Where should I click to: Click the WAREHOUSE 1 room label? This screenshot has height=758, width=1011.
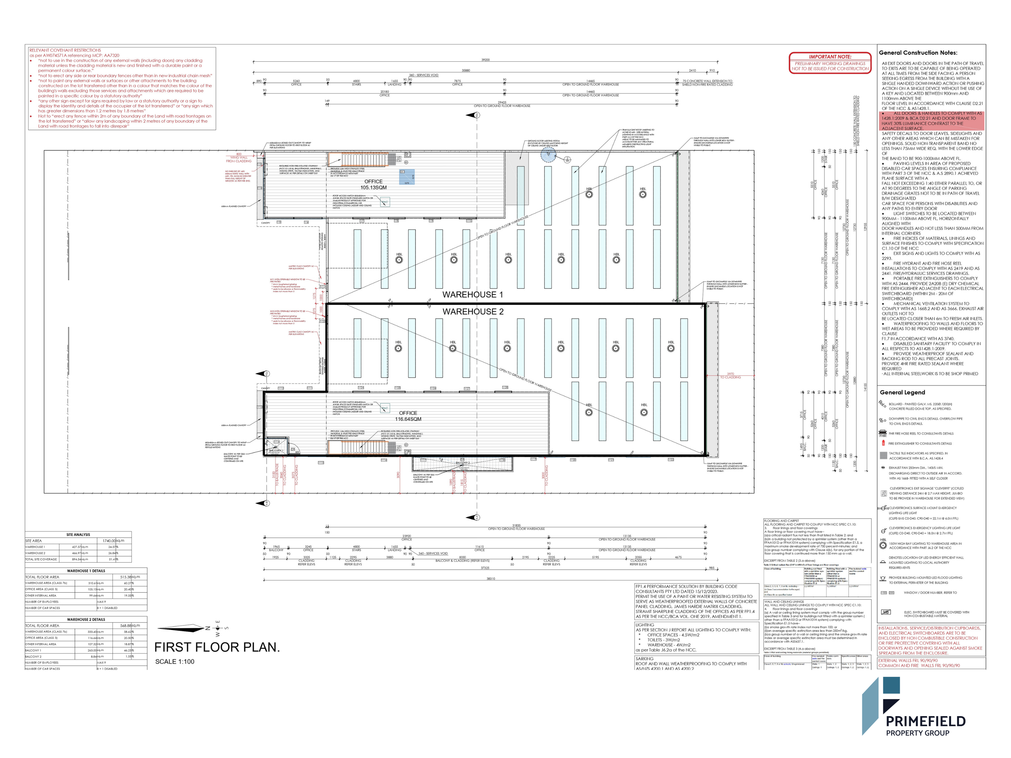pyautogui.click(x=472, y=295)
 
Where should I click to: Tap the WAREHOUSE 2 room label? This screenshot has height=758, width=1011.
pyautogui.click(x=472, y=312)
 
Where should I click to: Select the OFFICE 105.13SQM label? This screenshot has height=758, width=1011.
pyautogui.click(x=373, y=185)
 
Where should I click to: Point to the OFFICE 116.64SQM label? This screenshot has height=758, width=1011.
pyautogui.click(x=408, y=416)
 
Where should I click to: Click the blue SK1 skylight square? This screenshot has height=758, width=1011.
pyautogui.click(x=407, y=177)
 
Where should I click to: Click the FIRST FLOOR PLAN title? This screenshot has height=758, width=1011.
pyautogui.click(x=217, y=648)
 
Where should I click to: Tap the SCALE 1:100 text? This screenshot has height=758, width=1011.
pyautogui.click(x=175, y=662)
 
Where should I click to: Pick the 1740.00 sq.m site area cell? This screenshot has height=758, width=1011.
pyautogui.click(x=113, y=540)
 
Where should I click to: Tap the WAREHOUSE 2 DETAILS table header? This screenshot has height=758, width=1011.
pyautogui.click(x=86, y=620)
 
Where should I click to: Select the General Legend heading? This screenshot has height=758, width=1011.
pyautogui.click(x=902, y=392)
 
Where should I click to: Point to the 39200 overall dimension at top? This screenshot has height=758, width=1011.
pyautogui.click(x=485, y=60)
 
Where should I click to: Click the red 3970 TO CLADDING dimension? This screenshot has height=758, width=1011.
pyautogui.click(x=730, y=376)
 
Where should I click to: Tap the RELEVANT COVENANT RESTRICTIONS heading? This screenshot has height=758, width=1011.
pyautogui.click(x=65, y=50)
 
